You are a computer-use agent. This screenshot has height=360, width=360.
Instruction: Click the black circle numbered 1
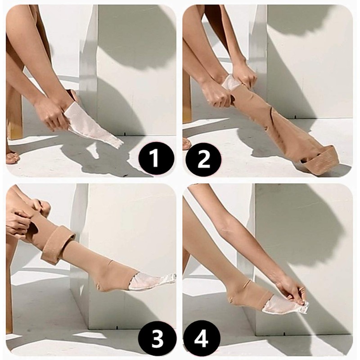point(156,158)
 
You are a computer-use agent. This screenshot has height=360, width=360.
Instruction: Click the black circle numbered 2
point(204,158)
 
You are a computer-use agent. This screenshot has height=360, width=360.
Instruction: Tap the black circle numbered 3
point(156,339)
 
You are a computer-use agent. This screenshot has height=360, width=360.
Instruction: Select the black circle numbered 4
point(204,339)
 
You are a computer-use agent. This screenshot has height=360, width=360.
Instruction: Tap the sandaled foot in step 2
point(187,143)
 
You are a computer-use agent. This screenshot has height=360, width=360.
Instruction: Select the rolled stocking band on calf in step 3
point(56,243)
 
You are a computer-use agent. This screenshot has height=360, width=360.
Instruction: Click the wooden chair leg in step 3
point(9,292)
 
